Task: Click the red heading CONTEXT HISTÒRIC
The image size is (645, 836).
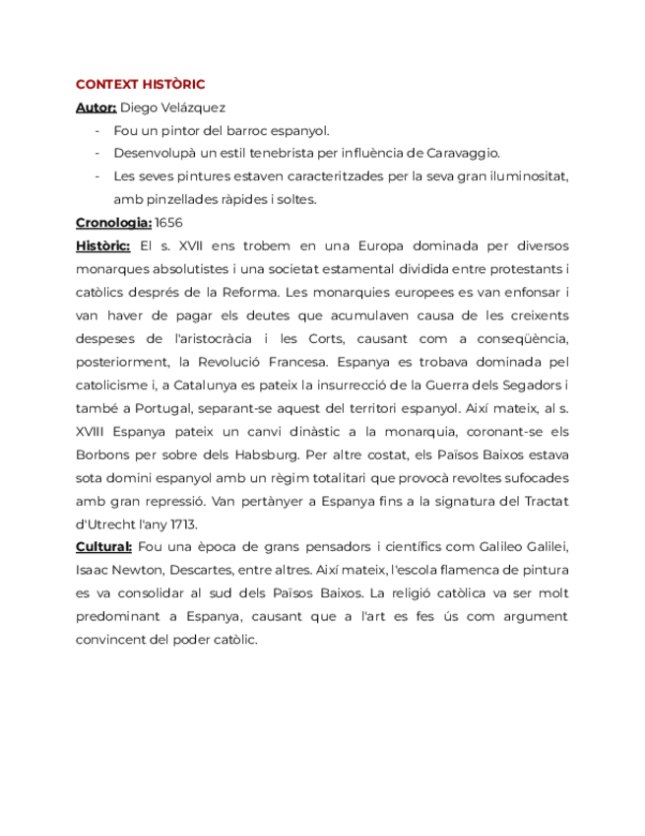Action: click(140, 84)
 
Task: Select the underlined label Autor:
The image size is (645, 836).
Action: click(96, 106)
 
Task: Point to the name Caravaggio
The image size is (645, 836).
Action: click(463, 153)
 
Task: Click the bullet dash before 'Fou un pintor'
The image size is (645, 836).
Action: click(97, 130)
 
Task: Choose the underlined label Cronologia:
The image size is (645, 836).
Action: click(113, 223)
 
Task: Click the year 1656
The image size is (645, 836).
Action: click(169, 223)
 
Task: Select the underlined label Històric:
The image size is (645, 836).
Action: click(102, 245)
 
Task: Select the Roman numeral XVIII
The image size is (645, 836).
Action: click(96, 431)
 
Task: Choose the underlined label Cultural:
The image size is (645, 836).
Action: click(103, 547)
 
